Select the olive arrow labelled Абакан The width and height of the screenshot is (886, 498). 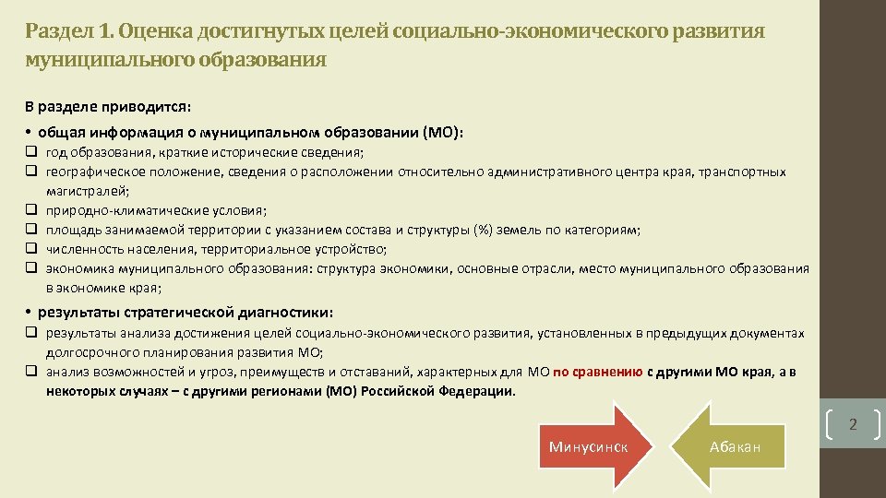click(x=735, y=447)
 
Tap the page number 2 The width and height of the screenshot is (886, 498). click(x=853, y=425)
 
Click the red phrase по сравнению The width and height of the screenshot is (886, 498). click(x=598, y=373)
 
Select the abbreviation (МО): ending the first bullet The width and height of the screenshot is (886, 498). click(x=443, y=132)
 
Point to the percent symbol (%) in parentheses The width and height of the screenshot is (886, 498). click(x=484, y=231)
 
